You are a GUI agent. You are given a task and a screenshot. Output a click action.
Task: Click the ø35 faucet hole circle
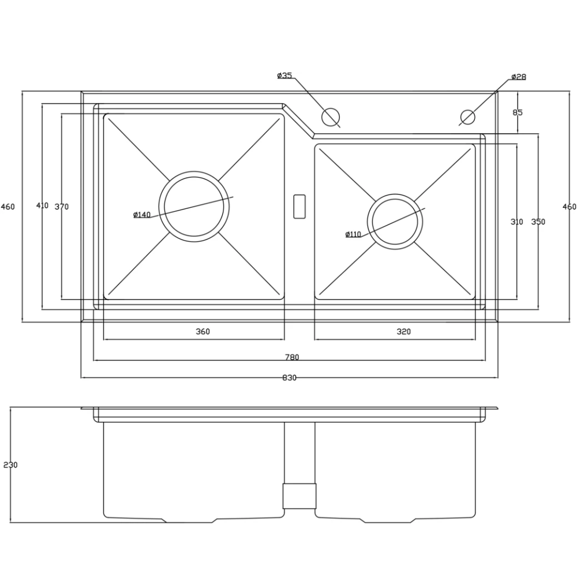tap(330, 109)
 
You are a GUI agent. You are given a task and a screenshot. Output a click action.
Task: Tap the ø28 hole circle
tap(468, 110)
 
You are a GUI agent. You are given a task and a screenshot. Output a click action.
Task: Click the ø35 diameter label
tap(284, 76)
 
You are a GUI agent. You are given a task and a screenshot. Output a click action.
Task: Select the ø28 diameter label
tap(519, 77)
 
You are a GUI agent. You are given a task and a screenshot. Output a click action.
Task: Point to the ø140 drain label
tap(142, 215)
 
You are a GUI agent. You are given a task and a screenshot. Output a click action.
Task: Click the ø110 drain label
tap(353, 234)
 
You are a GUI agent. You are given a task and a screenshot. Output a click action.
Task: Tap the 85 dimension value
tap(518, 113)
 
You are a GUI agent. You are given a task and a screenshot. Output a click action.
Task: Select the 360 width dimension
tap(203, 332)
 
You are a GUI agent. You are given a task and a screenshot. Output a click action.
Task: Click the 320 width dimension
tap(404, 332)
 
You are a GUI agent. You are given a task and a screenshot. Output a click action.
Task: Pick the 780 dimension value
tap(292, 357)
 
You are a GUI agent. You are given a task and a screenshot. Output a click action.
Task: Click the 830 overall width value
tap(290, 377)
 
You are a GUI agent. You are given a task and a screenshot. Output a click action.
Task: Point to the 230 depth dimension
tap(10, 465)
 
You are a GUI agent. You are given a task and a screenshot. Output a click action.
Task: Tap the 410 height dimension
tap(42, 205)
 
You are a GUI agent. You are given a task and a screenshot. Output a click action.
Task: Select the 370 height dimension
tap(62, 207)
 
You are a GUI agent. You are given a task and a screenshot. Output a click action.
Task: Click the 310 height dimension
tap(516, 222)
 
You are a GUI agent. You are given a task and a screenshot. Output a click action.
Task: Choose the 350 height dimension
tap(538, 222)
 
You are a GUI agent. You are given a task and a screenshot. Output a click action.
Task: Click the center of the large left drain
tap(194, 207)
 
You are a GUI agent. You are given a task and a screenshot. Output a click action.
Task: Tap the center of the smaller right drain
tap(395, 222)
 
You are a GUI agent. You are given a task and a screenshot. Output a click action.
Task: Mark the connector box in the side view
tap(299, 496)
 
